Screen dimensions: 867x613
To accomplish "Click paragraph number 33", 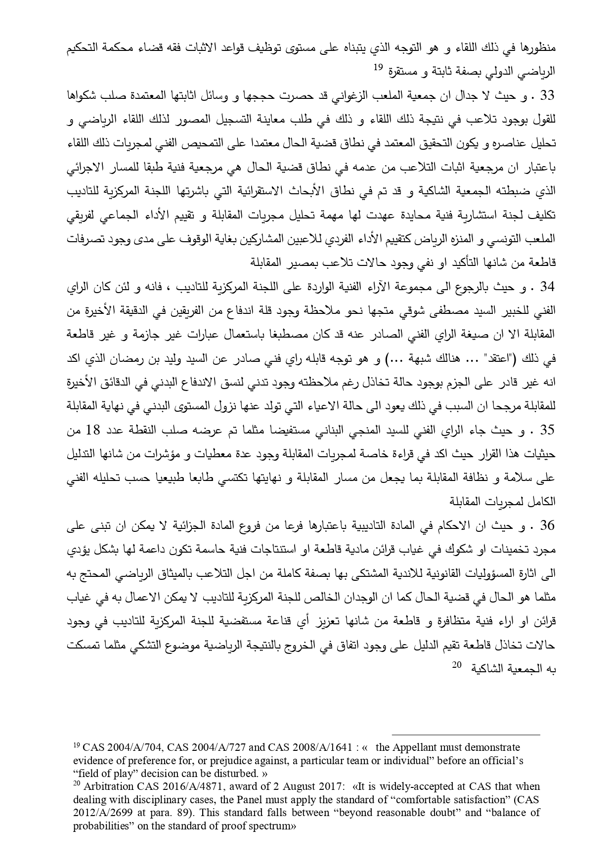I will (548, 95).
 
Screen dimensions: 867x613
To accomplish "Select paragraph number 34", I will (548, 286).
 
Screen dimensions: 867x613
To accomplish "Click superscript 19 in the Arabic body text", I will (378, 68).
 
